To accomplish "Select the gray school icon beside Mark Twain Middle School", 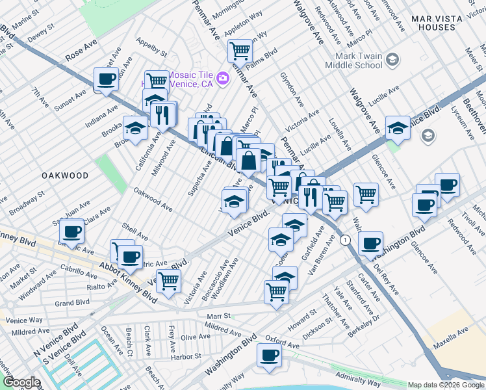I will point(392,60).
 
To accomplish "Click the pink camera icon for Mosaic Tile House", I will point(223,79).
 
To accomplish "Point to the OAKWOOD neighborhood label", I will point(64,175).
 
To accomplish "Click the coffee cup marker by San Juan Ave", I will point(71,231).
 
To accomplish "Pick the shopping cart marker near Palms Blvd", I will point(240,49).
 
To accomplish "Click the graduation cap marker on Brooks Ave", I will point(135,127).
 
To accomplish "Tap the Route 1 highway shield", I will point(346,240).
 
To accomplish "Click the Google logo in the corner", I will point(21,382).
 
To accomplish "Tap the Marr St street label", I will point(218,315).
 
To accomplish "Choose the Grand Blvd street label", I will point(72,303).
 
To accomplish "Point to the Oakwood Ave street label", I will point(153,200).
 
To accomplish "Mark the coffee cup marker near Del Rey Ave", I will point(370,243).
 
